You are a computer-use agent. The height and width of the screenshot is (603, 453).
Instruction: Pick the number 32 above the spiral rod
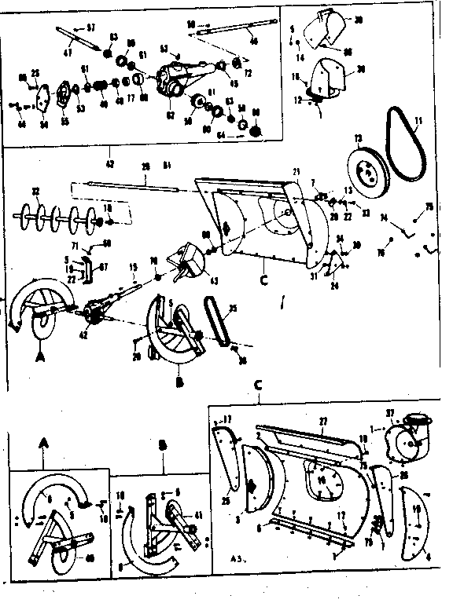tap(35, 191)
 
